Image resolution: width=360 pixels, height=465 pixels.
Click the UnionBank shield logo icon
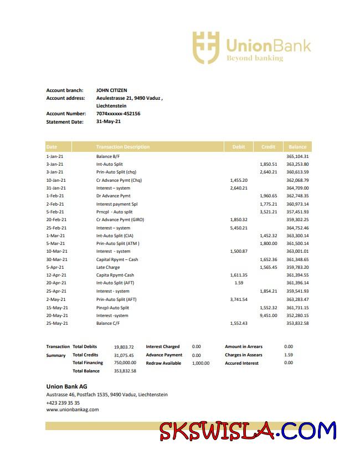click(x=206, y=47)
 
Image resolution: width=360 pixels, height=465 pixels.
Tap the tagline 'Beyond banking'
click(x=254, y=58)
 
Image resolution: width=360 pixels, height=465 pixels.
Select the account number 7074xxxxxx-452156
click(x=118, y=114)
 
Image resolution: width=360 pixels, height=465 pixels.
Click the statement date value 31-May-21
click(x=108, y=121)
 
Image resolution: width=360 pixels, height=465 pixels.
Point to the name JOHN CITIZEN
click(x=111, y=90)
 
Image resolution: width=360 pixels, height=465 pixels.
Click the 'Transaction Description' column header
click(x=122, y=147)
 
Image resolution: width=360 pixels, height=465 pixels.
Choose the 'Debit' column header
click(x=239, y=147)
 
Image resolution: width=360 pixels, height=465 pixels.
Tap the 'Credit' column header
click(x=268, y=147)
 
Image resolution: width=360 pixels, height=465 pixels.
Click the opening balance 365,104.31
click(x=297, y=156)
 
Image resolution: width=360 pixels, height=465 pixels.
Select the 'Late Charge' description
click(x=108, y=267)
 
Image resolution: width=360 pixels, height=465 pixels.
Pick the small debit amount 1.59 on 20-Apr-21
click(x=239, y=283)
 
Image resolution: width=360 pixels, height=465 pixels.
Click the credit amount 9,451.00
click(x=268, y=315)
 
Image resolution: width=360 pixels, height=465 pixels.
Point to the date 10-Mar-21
click(x=56, y=251)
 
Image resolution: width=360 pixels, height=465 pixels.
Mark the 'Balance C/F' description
click(x=109, y=323)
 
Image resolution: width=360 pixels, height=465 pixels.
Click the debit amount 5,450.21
click(x=238, y=228)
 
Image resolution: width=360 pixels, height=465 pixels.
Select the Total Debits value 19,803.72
click(x=124, y=347)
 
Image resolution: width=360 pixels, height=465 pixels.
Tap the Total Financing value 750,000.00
click(x=125, y=363)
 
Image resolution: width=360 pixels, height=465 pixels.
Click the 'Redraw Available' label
click(x=163, y=363)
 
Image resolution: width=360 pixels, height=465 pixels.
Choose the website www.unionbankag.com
click(x=72, y=410)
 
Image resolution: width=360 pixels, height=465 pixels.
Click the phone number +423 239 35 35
click(x=63, y=403)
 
